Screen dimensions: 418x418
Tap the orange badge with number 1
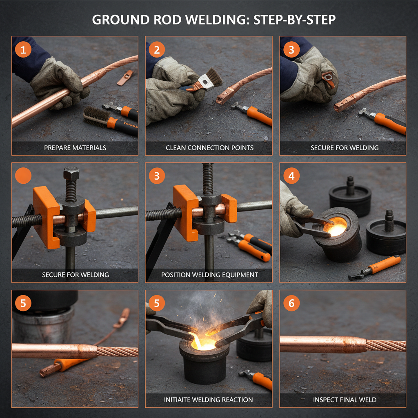tap(23, 50)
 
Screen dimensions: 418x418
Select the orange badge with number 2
tap(157, 50)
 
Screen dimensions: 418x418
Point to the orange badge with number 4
tap(291, 176)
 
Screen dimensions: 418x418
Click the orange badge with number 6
tap(291, 303)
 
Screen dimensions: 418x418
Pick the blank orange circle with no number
tap(23, 176)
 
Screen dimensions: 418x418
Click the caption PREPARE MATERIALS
tap(75, 148)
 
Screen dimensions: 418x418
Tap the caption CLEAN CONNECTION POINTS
tap(209, 148)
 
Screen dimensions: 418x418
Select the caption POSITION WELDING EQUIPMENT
tap(209, 275)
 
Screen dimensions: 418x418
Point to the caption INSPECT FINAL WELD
tap(343, 400)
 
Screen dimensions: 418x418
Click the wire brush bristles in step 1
tap(96, 115)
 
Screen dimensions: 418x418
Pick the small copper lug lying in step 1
tap(125, 78)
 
